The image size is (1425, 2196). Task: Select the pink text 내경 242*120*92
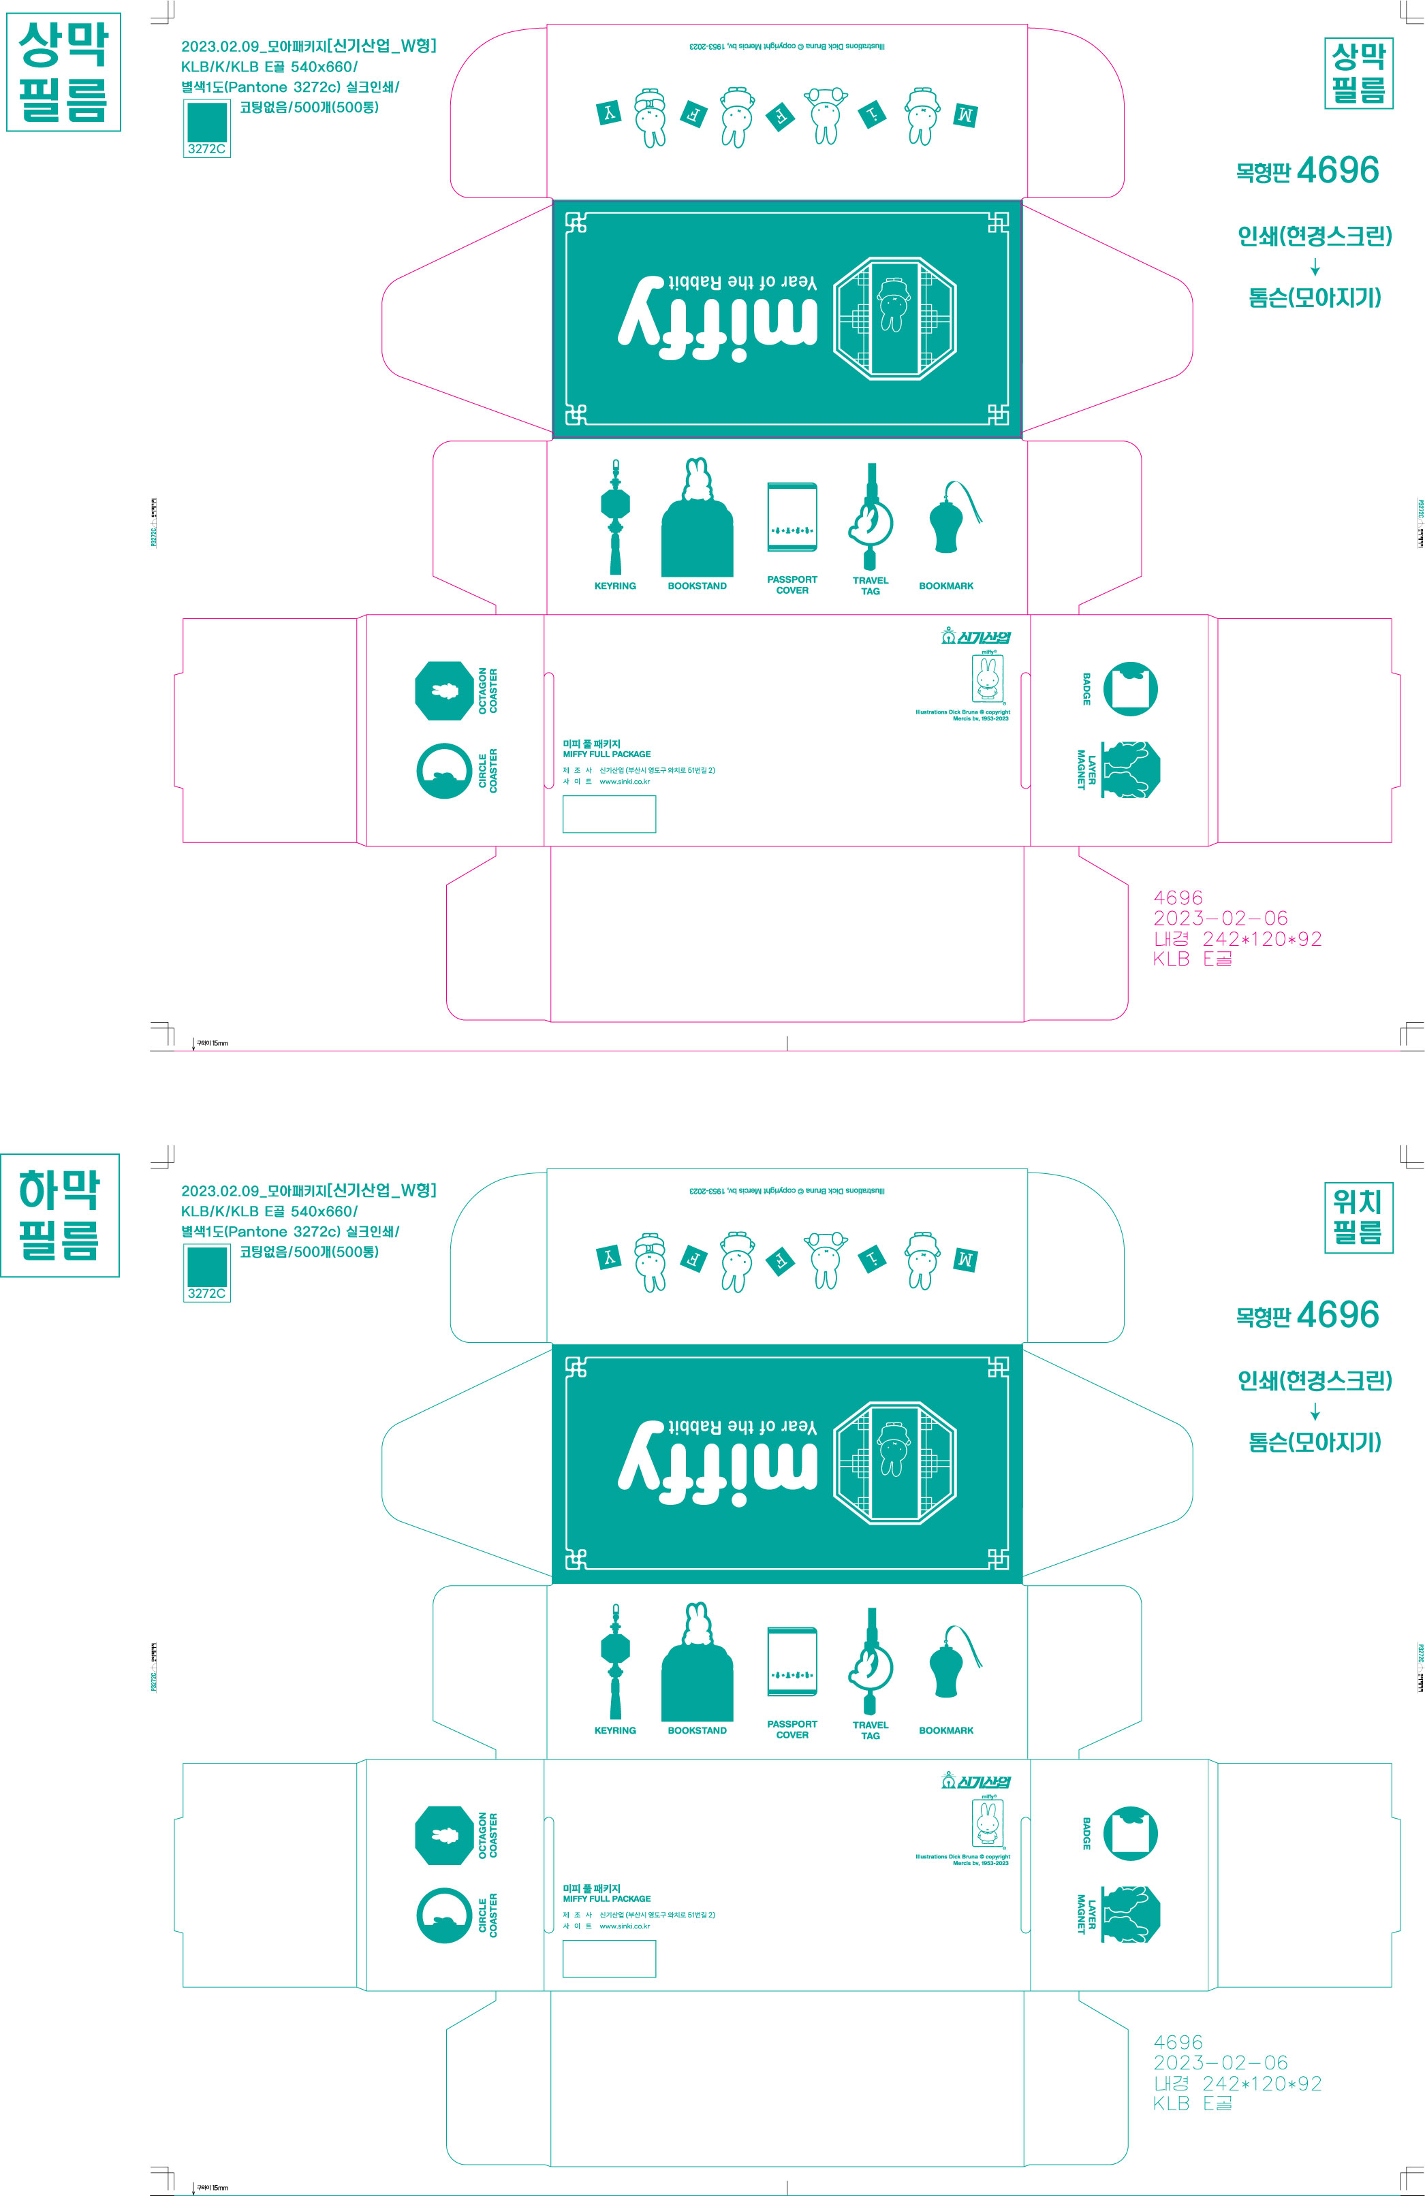tap(1237, 939)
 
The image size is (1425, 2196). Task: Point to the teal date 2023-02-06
tap(1220, 2063)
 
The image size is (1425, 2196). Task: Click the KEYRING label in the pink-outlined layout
tap(614, 586)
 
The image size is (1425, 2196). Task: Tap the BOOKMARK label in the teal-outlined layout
tap(946, 1731)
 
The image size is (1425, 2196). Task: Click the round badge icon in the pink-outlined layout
tap(1131, 688)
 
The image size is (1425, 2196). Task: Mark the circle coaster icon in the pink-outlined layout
tap(444, 770)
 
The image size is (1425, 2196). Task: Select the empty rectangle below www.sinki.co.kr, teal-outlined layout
tap(609, 1959)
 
